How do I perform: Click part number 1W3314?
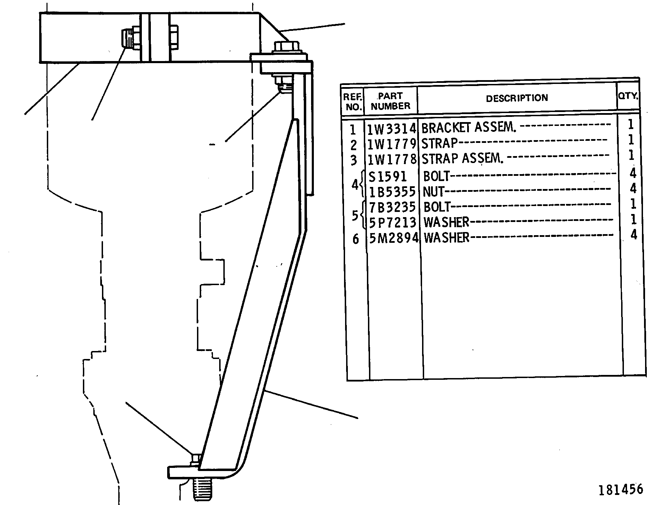(392, 129)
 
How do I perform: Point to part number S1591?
(388, 177)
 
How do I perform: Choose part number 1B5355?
(392, 192)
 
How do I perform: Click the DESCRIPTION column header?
(517, 99)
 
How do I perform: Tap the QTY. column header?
(628, 96)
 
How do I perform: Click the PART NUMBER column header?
(391, 101)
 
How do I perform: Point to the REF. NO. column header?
(353, 102)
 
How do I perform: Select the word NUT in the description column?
(434, 191)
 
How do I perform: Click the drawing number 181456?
(620, 489)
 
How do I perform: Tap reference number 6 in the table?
(355, 239)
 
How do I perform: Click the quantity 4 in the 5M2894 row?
(634, 235)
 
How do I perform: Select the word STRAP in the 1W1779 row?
(439, 143)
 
